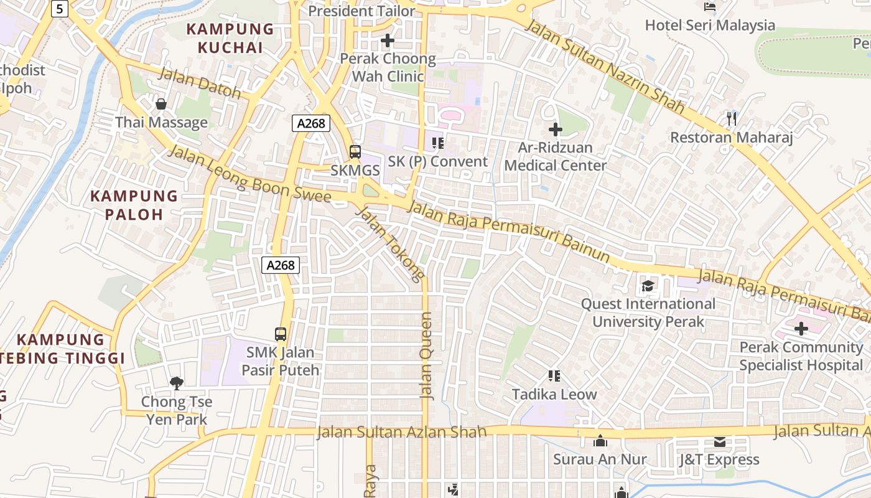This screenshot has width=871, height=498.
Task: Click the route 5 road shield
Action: (x=60, y=8)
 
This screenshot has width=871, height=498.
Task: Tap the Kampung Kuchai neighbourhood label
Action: (x=230, y=38)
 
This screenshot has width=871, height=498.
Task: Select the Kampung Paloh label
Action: (x=134, y=205)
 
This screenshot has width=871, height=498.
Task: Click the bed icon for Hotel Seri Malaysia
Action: (x=709, y=7)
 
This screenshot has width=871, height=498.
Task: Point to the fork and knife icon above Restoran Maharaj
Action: (x=731, y=118)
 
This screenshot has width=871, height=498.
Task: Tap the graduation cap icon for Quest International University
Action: (x=648, y=286)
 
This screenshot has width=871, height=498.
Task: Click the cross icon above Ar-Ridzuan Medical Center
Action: (x=555, y=129)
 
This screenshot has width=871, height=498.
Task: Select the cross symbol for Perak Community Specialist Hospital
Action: (x=801, y=328)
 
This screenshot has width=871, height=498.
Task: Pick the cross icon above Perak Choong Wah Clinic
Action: (x=388, y=40)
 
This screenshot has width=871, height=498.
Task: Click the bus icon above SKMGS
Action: (x=355, y=151)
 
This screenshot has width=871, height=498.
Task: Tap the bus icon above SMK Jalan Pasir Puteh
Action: (x=281, y=334)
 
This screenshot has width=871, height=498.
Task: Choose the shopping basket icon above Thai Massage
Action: (x=161, y=103)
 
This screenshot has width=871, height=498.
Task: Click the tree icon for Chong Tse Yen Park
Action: (x=177, y=383)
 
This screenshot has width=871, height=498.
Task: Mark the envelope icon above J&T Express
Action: (x=719, y=441)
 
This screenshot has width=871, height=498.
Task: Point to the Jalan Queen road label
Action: (x=426, y=355)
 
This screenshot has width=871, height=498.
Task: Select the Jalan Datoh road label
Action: (x=200, y=83)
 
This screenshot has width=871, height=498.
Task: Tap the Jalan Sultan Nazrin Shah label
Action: (x=604, y=67)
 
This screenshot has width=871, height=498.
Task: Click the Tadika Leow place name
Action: (x=554, y=394)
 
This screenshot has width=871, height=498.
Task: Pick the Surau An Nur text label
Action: (x=600, y=459)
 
